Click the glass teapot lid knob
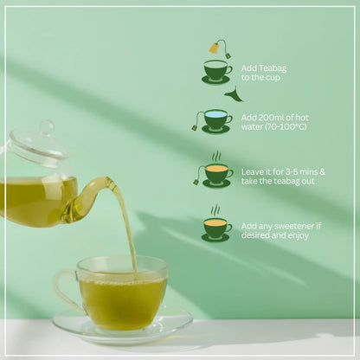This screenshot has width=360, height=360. [x=45, y=128]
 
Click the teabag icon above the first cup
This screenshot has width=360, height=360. [x=215, y=48]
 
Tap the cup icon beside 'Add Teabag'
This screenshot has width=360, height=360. [x=215, y=71]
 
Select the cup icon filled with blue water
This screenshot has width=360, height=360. [x=216, y=119]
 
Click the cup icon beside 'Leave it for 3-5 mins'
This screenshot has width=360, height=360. [x=215, y=174]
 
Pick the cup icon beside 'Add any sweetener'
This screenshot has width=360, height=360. [x=215, y=228]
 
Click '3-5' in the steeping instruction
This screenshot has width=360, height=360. [x=293, y=170]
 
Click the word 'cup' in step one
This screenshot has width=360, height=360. [x=277, y=77]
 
